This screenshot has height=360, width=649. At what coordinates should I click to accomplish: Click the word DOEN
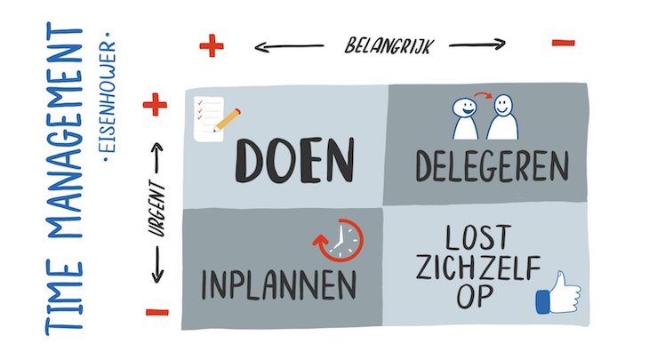pyautogui.click(x=294, y=160)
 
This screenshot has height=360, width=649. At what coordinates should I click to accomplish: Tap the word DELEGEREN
pyautogui.click(x=493, y=165)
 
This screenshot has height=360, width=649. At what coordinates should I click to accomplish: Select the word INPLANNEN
pyautogui.click(x=278, y=284)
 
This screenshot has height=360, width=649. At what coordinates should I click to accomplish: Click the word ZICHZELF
pyautogui.click(x=478, y=268)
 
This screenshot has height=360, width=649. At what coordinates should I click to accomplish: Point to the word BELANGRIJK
pyautogui.click(x=389, y=45)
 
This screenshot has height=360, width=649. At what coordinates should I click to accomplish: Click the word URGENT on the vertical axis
pyautogui.click(x=157, y=209)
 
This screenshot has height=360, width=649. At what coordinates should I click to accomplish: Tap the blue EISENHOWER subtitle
pyautogui.click(x=109, y=97)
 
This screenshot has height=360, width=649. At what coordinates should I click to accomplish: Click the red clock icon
pyautogui.click(x=338, y=240)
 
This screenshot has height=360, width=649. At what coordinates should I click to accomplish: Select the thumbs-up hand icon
pyautogui.click(x=558, y=293)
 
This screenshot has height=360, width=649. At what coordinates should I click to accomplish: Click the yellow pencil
pyautogui.click(x=227, y=120)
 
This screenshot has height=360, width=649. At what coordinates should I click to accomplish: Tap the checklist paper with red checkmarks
pyautogui.click(x=209, y=119)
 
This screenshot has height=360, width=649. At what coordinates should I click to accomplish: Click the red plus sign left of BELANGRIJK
pyautogui.click(x=212, y=45)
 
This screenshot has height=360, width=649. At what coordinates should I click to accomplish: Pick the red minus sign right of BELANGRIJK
pyautogui.click(x=564, y=42)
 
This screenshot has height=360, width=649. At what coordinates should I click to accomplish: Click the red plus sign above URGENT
pyautogui.click(x=155, y=104)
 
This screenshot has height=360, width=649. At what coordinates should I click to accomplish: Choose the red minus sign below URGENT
pyautogui.click(x=157, y=312)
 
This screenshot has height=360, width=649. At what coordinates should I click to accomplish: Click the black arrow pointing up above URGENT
pyautogui.click(x=157, y=158)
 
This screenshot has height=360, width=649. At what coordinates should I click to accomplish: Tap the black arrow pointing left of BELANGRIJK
pyautogui.click(x=289, y=47)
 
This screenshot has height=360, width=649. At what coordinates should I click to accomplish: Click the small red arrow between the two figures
pyautogui.click(x=483, y=96)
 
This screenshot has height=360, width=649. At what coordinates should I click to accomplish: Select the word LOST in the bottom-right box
pyautogui.click(x=478, y=237)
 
